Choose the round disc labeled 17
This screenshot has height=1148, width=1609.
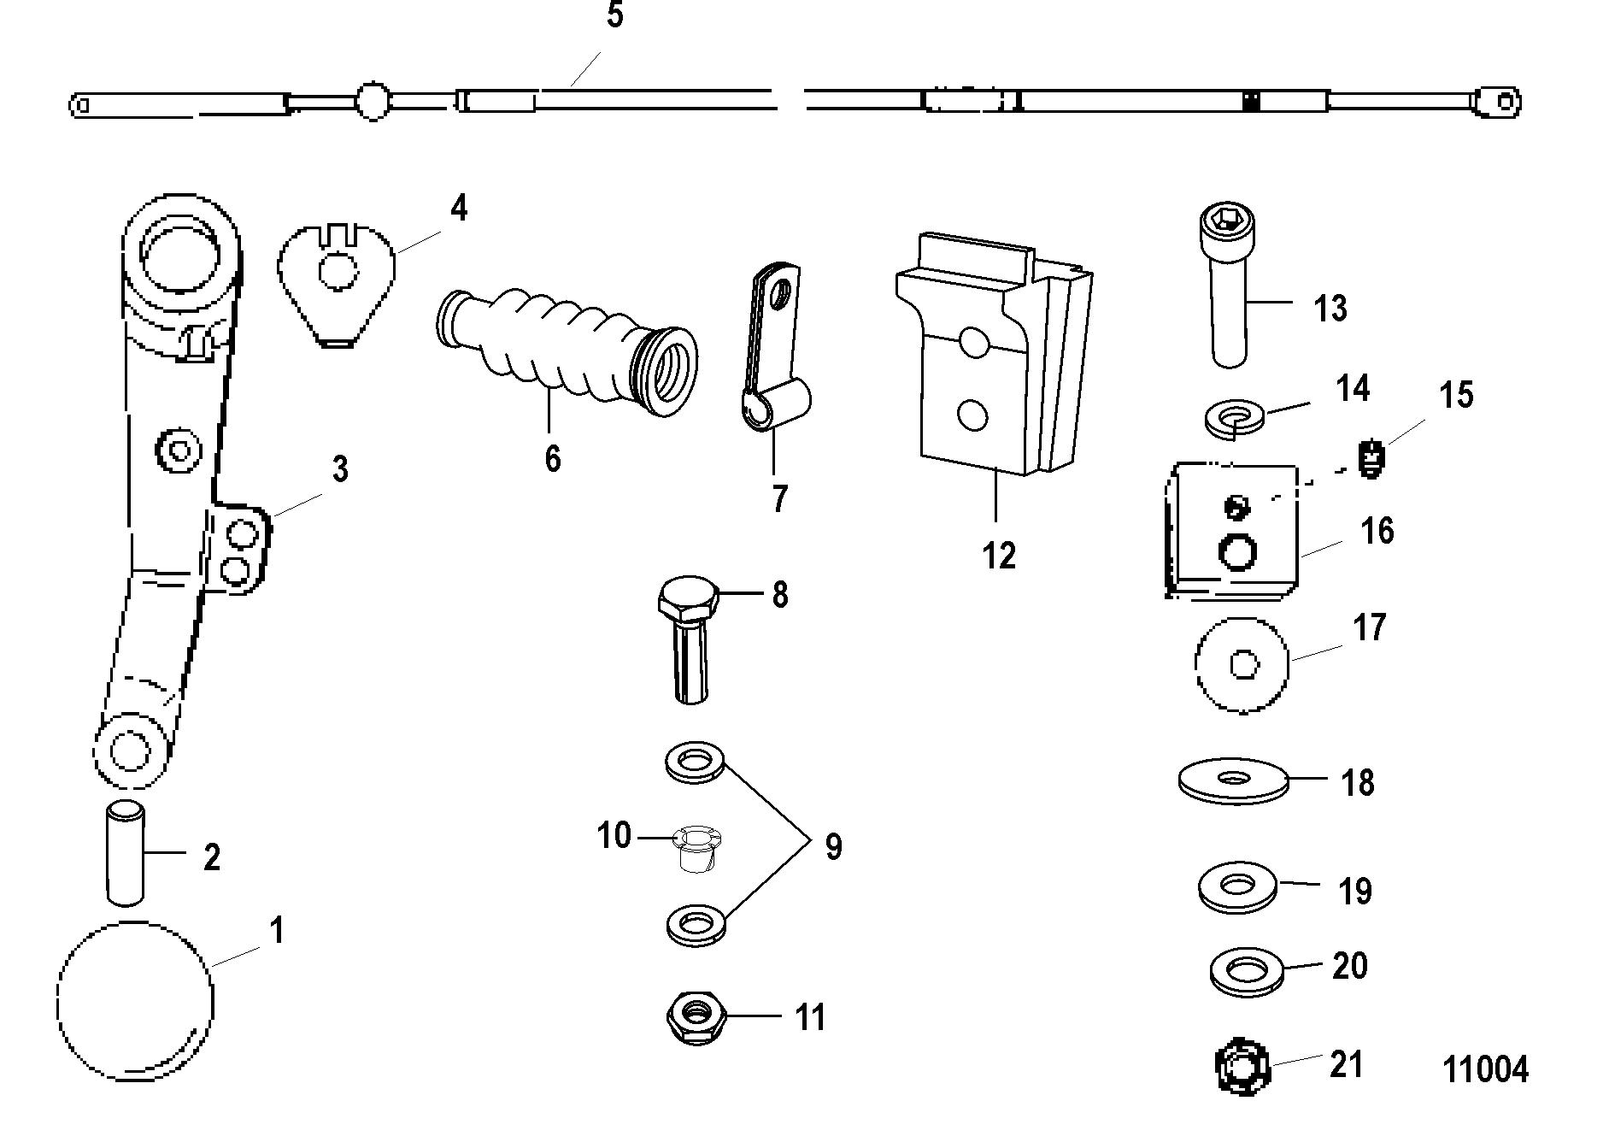click(x=1242, y=663)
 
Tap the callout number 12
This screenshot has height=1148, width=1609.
click(x=999, y=556)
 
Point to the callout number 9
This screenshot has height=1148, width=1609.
click(x=833, y=847)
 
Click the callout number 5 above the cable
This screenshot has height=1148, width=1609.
click(x=615, y=15)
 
